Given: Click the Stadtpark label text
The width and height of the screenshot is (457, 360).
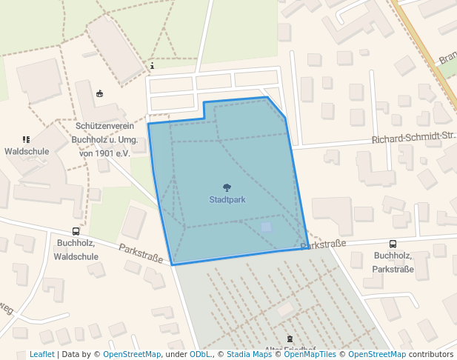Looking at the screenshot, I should coord(227,199).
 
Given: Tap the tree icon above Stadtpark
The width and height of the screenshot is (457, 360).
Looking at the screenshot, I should coord(227,188).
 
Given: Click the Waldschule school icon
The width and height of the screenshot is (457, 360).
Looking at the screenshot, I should coord(27,139).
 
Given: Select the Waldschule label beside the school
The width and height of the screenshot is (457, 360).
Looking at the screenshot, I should coord(27,151).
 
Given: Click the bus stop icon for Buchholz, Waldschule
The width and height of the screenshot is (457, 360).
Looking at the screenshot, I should coord(76,231).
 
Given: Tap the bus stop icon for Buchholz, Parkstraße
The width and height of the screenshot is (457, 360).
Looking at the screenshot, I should coord(393,244).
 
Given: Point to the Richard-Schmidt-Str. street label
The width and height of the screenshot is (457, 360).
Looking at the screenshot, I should coord(412,138).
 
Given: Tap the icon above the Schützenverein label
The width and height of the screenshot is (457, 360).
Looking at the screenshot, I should coord(100,93).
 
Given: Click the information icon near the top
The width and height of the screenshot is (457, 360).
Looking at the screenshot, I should coord(152,66).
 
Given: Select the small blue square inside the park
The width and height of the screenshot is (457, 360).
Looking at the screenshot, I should coord(267,227).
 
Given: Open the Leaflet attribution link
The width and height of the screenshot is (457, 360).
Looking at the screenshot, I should coord(41,354).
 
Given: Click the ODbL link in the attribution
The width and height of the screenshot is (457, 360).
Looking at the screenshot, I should coord(200,354).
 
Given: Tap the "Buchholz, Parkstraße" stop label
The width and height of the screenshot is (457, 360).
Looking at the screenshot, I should coord(393,261).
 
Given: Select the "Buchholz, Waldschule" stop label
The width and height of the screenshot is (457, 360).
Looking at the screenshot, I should coord(77,249).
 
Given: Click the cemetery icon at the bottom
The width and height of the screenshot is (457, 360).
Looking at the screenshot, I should coord(289,339).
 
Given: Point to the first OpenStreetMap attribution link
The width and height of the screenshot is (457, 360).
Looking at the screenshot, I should coord(132,354).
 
